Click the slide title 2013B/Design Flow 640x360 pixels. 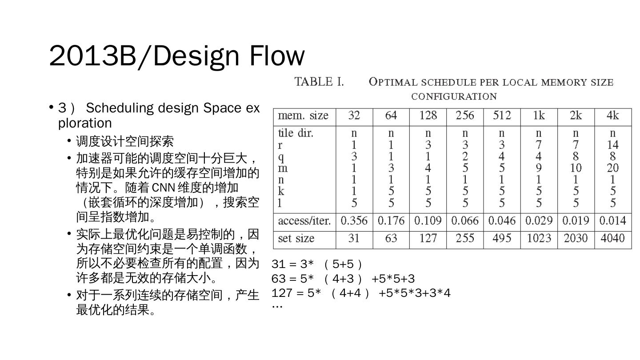(x=176, y=56)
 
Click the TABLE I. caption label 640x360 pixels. (x=319, y=82)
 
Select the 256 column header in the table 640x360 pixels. (x=465, y=116)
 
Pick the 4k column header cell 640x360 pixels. (x=612, y=116)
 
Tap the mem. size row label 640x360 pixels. (x=303, y=116)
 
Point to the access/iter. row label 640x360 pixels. (x=304, y=221)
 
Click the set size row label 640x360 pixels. (x=296, y=239)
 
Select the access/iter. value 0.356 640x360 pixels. (x=354, y=221)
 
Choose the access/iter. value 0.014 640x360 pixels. (x=612, y=221)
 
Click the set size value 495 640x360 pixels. (x=502, y=239)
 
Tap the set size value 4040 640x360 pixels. (x=612, y=239)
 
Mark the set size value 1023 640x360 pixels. (x=539, y=239)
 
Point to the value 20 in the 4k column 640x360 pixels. (x=612, y=168)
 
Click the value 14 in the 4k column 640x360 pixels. (x=612, y=145)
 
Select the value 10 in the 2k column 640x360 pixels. (x=576, y=168)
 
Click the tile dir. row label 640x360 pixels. (x=296, y=133)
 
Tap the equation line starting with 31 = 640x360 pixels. (x=317, y=264)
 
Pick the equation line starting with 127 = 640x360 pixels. (x=361, y=293)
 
